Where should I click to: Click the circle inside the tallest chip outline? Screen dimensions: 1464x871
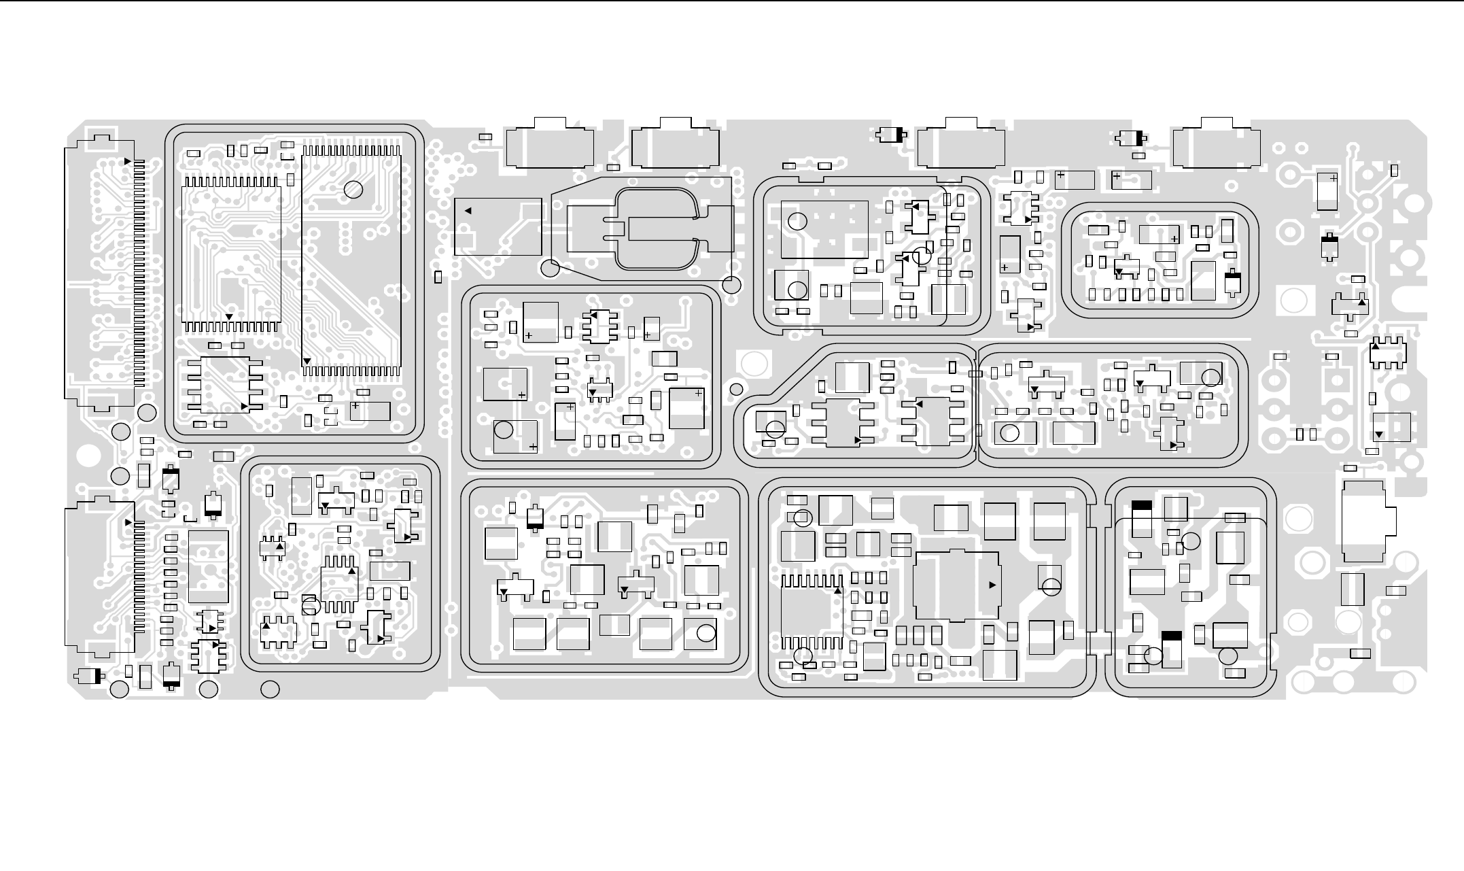(x=353, y=190)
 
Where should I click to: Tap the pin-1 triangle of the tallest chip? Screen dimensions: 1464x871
(x=307, y=361)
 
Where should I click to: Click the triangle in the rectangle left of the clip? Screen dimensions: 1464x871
(x=468, y=211)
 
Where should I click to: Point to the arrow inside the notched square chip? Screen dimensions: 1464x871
(x=992, y=585)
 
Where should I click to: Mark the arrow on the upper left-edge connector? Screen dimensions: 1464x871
(x=128, y=161)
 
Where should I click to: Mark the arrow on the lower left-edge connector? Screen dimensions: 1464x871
(x=128, y=523)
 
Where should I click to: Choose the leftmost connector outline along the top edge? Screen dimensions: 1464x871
(x=550, y=143)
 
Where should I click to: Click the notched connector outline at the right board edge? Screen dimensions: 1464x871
(x=1366, y=522)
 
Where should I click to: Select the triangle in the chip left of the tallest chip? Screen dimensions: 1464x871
(x=229, y=317)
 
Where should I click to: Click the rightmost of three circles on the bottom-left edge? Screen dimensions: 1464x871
(x=271, y=689)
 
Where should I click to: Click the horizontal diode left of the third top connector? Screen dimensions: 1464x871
(x=892, y=135)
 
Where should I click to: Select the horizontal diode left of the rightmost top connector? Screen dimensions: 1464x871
(x=1131, y=138)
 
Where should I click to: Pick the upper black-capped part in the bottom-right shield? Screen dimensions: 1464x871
(x=1142, y=518)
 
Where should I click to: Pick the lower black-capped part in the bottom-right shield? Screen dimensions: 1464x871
(x=1172, y=649)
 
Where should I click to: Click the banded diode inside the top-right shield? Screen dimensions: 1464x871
(x=1232, y=284)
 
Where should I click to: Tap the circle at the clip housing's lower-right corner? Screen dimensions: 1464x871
(x=731, y=285)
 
